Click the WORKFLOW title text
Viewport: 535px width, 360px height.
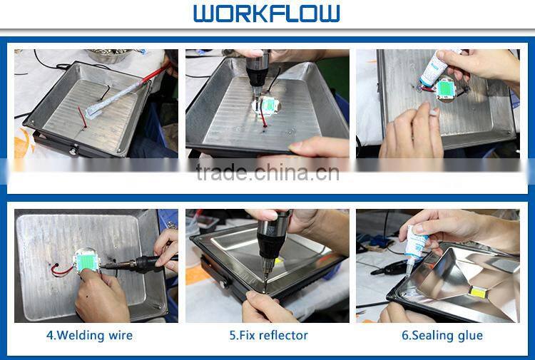(266, 14)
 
